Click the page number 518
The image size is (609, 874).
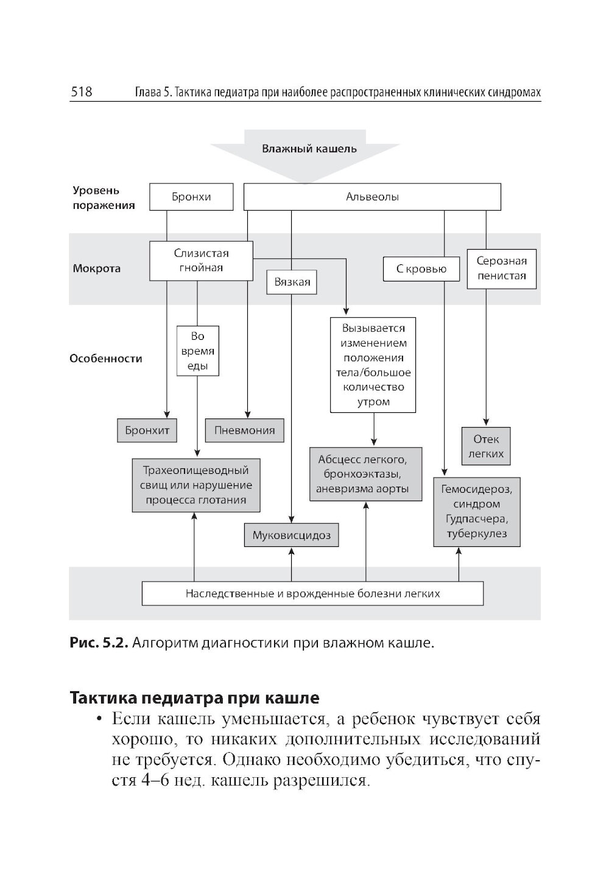point(82,92)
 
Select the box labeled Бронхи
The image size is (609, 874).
point(191,197)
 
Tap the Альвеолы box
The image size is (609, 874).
point(372,197)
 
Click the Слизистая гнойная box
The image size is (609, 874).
point(201,261)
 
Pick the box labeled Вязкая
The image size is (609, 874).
point(292,282)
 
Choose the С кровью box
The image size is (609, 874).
point(421,269)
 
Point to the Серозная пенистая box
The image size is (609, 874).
point(501,269)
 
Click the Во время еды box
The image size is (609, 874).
point(198,351)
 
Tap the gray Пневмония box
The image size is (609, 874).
point(245,431)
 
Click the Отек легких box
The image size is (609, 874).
point(487,446)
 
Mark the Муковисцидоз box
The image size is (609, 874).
point(292,535)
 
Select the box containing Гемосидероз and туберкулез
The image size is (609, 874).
point(477,512)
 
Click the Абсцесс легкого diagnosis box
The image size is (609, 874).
point(365,474)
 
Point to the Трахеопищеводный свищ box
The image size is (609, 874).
point(195,485)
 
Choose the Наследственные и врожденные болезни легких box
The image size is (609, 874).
point(312,593)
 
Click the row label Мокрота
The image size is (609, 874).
point(97,269)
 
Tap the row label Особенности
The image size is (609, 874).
point(106,359)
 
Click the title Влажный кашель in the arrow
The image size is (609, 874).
point(309,149)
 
